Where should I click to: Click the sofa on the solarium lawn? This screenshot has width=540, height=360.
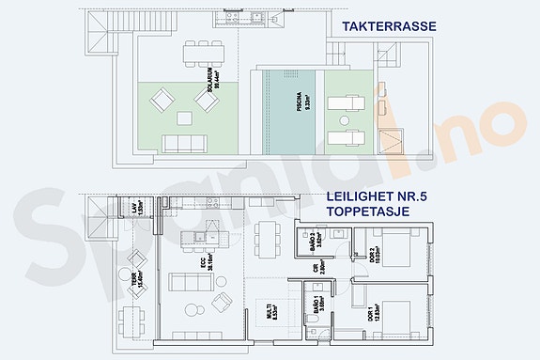point(186,143)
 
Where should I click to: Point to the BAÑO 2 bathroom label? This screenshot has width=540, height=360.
point(318,244)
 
